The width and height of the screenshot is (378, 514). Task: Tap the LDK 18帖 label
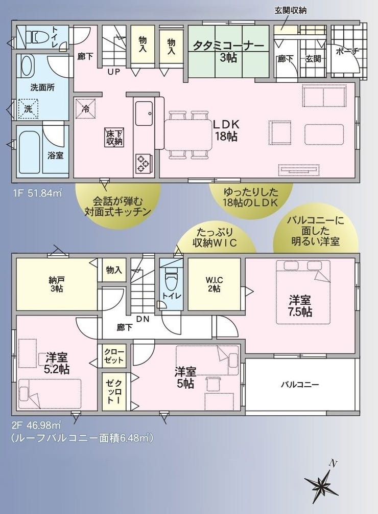click(226, 130)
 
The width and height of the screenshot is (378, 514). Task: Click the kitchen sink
click(144, 114)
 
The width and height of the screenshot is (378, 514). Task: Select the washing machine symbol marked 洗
click(28, 109)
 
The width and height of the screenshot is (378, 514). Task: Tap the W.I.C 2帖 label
click(214, 284)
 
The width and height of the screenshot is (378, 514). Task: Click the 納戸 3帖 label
click(57, 284)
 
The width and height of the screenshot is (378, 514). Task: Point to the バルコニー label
click(300, 385)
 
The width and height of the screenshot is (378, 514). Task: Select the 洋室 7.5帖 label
click(300, 305)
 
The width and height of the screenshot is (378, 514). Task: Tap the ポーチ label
click(347, 51)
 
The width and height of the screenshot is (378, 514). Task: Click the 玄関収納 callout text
click(290, 10)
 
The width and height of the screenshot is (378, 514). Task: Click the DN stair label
click(143, 318)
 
